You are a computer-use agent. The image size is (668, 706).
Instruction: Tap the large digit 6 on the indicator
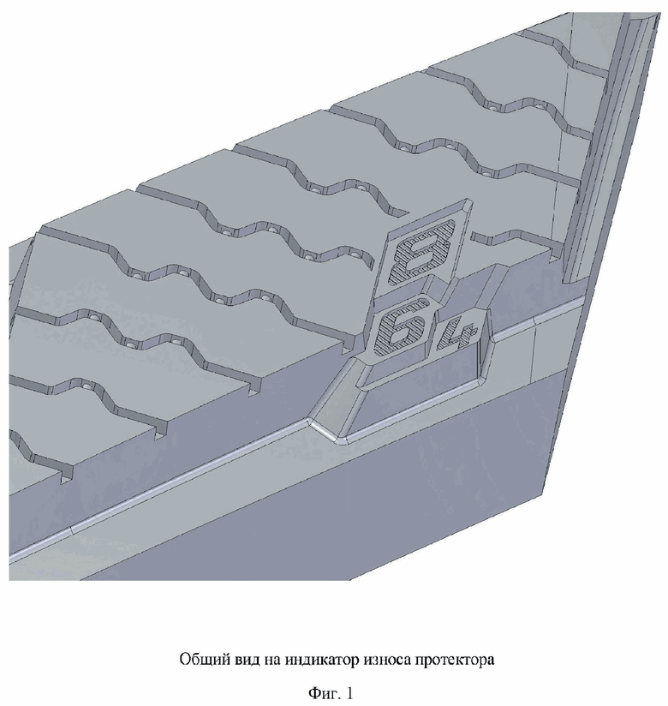pos(400,326)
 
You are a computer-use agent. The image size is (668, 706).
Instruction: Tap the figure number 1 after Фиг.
pos(349,692)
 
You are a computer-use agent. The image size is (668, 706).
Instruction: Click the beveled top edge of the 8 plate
pos(430,212)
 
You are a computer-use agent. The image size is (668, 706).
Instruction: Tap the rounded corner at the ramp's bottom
pos(341,438)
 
